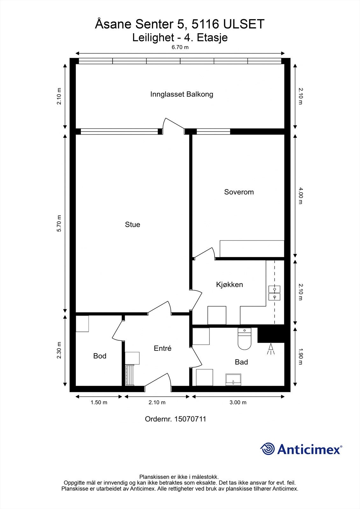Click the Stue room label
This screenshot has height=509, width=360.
pos(132,225)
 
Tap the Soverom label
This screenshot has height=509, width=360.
pos(239,192)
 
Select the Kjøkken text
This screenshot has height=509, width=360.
pos(229,284)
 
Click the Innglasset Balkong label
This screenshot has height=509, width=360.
pos(181,94)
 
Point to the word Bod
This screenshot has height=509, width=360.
pos(100,356)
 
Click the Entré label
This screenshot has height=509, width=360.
pos(162,348)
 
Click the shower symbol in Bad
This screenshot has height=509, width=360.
pos(271,349)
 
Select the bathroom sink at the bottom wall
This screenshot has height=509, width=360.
pos(233,380)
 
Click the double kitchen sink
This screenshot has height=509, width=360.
pos(274,293)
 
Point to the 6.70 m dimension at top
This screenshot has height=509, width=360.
pos(180,47)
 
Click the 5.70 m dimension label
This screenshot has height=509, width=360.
pos(59,223)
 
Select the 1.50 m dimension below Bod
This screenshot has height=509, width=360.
pos(99,402)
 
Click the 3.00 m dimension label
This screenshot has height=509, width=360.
pos(238,402)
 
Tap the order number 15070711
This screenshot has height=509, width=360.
pos(190,419)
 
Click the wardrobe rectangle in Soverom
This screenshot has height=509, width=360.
pos(252,249)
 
